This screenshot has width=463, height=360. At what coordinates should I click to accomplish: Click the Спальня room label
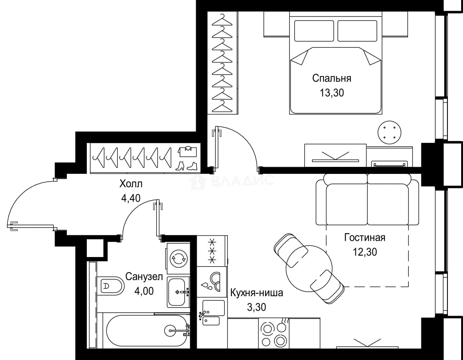pos(332,79)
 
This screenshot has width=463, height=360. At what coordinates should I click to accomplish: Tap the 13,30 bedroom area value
pos(332,93)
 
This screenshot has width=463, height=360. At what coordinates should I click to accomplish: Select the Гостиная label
pos(365,238)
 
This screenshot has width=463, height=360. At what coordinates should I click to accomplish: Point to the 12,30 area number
pos(365,252)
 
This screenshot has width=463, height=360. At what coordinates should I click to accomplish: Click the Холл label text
pos(131,184)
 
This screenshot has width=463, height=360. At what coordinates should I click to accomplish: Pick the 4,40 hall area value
pos(131,198)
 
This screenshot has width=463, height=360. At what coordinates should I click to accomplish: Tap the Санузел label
pos(144,277)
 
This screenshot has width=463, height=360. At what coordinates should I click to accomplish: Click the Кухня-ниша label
pos(257,293)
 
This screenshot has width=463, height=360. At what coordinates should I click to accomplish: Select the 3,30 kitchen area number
pos(257,307)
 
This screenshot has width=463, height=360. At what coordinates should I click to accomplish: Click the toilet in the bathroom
pos(111,286)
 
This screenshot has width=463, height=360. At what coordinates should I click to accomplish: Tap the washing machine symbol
pos(178,258)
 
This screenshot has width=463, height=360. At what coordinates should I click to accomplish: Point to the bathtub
pos(147,330)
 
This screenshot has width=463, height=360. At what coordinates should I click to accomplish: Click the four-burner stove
pos(274,333)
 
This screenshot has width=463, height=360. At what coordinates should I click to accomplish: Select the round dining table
pos(309,269)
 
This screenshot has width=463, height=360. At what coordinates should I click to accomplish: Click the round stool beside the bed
pos(390,133)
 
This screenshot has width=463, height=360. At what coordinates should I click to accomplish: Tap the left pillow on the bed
pos(314,31)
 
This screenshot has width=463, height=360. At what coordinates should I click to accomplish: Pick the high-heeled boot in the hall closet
pos(180,166)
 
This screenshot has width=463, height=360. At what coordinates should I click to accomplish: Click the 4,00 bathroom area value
pos(144,291)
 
